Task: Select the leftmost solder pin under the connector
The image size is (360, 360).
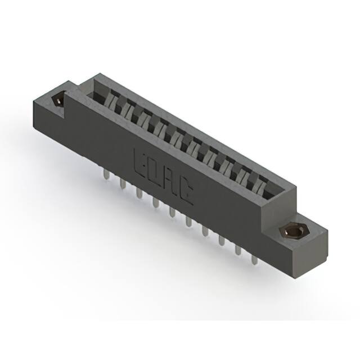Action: pos(106,175)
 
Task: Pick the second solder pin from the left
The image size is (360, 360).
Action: pos(122,184)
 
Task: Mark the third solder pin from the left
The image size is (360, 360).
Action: pos(138,193)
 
